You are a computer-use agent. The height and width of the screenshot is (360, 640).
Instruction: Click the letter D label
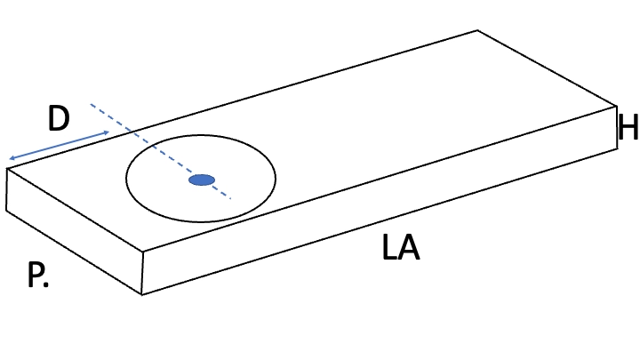[x=59, y=118]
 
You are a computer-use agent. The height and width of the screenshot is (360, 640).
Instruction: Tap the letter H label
[x=628, y=127]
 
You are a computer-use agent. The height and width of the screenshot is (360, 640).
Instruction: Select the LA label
[x=401, y=247]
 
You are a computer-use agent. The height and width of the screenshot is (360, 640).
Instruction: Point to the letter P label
[x=34, y=275]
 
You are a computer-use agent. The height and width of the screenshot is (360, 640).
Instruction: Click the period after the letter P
[x=45, y=284]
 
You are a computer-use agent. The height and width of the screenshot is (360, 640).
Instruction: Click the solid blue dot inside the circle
[x=202, y=180]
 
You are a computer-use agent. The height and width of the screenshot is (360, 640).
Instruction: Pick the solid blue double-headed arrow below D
[x=60, y=145]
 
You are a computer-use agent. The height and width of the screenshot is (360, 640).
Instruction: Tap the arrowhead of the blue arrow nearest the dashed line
[x=107, y=132]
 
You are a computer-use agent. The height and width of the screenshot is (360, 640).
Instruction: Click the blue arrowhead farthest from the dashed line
[x=12, y=158]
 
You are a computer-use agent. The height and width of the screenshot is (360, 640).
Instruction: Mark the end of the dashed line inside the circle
[x=231, y=199]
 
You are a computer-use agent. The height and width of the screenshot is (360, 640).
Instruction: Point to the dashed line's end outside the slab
[x=91, y=105]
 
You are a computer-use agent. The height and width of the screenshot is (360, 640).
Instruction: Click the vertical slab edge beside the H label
[x=616, y=127]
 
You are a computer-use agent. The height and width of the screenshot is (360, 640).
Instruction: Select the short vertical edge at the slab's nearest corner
[x=142, y=272]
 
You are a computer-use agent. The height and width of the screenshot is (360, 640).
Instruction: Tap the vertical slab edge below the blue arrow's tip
[x=6, y=189]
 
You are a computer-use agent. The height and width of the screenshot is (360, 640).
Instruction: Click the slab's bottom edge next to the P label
[x=74, y=252]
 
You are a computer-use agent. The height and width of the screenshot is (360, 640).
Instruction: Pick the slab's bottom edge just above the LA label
[x=380, y=221]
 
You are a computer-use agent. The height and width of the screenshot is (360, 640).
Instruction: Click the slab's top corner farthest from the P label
[x=477, y=30]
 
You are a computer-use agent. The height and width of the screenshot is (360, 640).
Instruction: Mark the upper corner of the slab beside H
[x=616, y=107]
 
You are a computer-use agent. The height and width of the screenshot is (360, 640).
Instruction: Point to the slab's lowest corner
[x=141, y=294]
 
